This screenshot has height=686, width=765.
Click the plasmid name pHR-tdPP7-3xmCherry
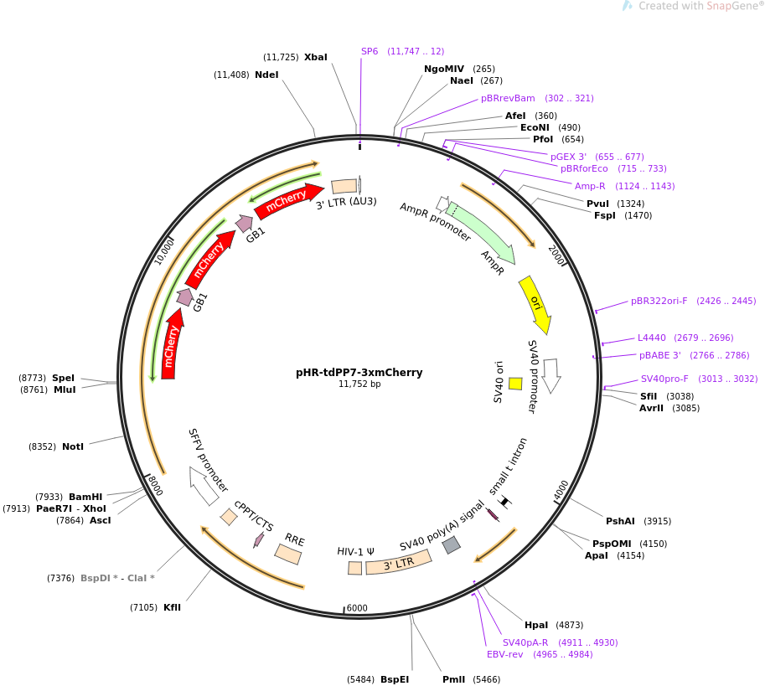coord(359,373)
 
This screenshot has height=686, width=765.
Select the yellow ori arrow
coord(535,304)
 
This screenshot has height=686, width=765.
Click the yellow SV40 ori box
coord(515,383)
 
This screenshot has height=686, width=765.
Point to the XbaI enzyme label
coord(316,57)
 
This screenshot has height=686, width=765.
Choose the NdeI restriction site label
coord(266,75)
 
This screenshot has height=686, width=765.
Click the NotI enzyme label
coord(73,446)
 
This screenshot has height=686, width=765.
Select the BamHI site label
coord(85,497)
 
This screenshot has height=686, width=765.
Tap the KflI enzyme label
coord(172,607)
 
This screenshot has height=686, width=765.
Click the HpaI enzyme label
coord(536,625)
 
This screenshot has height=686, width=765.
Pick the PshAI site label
coord(621,521)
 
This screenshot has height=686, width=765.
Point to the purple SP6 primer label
coord(370,51)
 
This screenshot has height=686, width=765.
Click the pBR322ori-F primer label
coord(659,301)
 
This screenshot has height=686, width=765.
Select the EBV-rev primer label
coord(504,654)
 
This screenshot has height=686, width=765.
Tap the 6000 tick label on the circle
coord(357,608)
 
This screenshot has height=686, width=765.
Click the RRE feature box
coord(288,554)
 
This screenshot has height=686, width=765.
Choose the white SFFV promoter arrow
coord(204,486)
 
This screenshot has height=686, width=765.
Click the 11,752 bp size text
coord(359,384)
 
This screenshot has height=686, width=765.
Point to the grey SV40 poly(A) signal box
coord(451,544)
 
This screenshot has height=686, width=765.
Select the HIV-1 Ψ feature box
coord(355,568)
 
